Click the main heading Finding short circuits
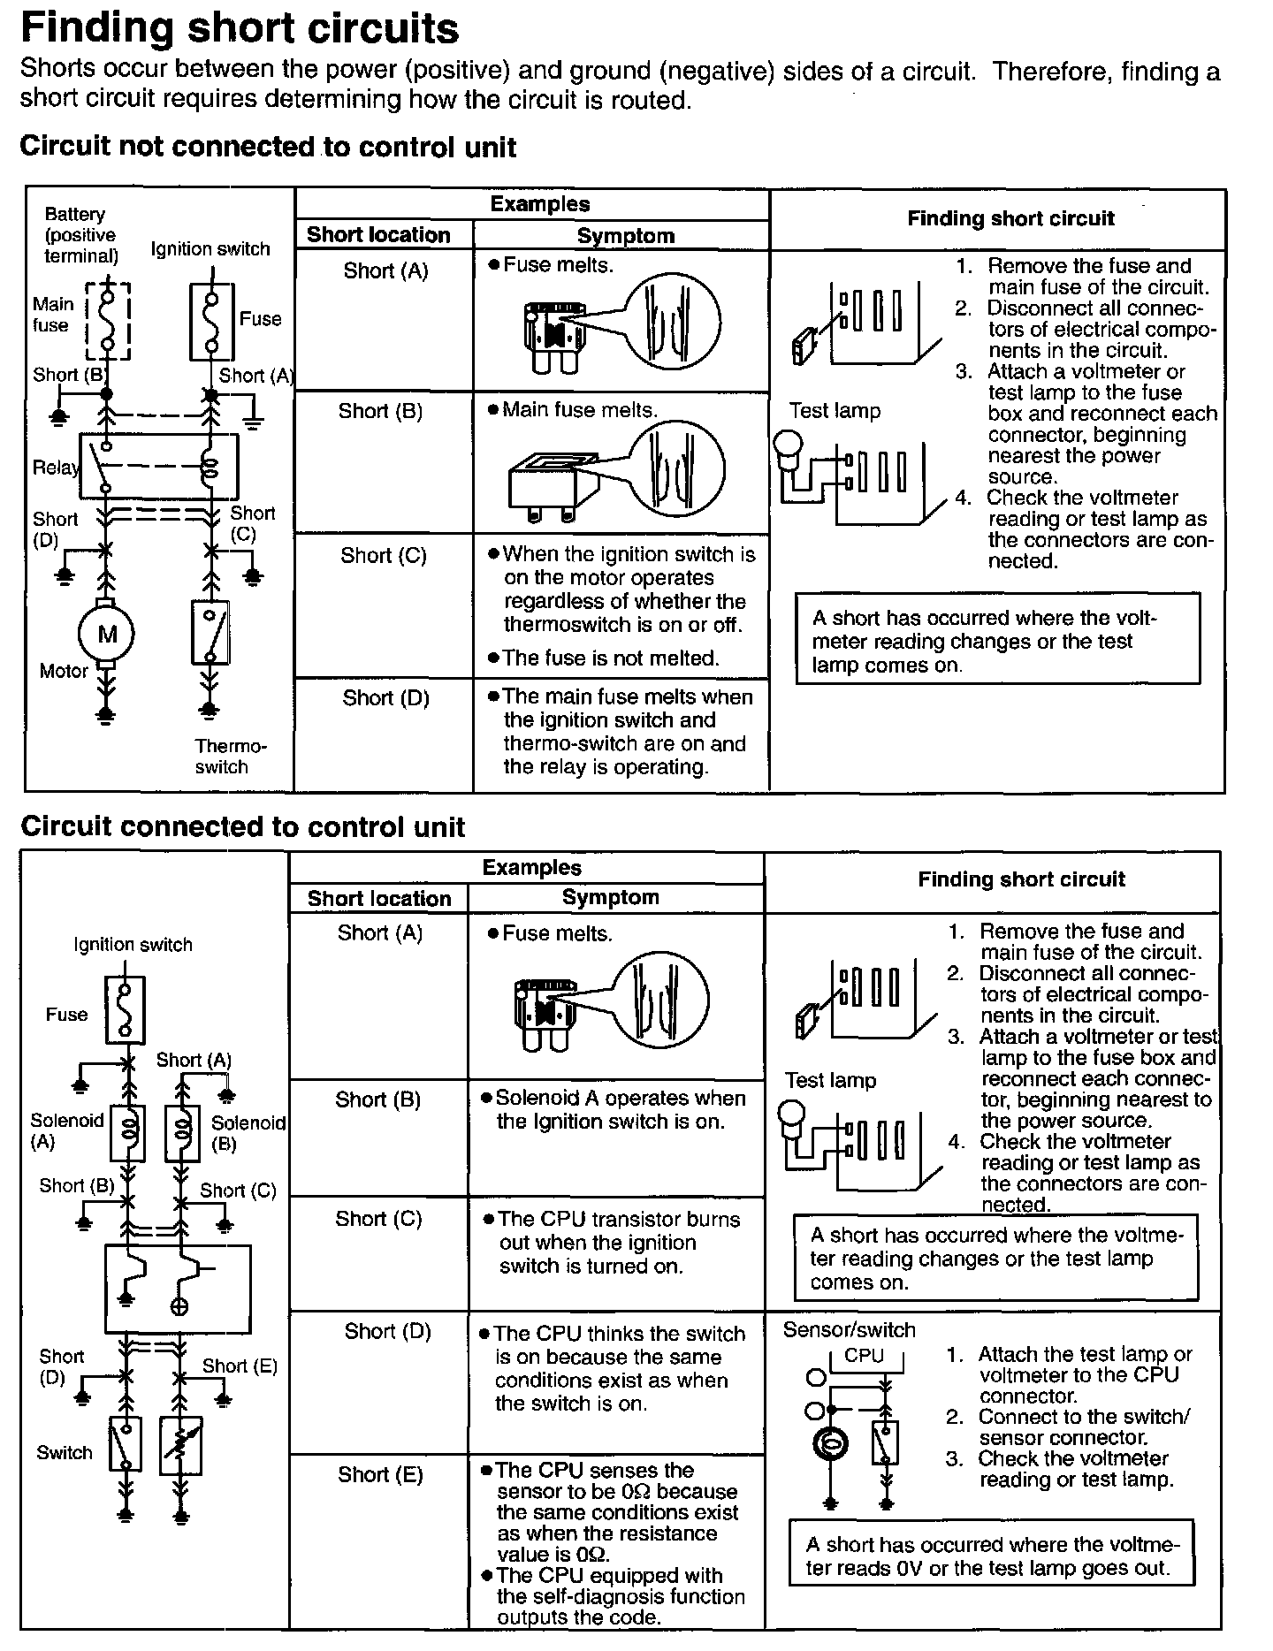coord(239,28)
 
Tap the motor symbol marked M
coord(107,633)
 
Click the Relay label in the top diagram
coord(55,468)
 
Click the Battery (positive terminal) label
coord(80,235)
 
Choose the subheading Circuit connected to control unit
coord(242,827)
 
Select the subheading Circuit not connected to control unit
coord(267,147)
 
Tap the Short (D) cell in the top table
coord(385,698)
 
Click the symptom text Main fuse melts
coord(580,410)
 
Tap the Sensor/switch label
coord(849,1330)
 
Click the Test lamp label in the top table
coord(835,411)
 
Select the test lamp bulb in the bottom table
coord(792,1112)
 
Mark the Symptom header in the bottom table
coord(610,898)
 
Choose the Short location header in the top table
coord(378,235)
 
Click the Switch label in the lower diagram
coord(65,1452)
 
